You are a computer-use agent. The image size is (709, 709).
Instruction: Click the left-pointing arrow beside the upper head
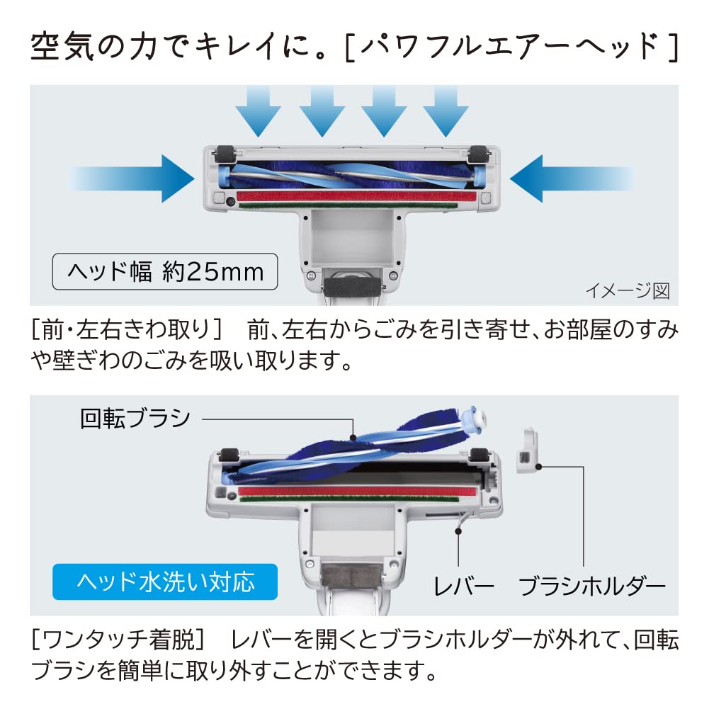click(572, 178)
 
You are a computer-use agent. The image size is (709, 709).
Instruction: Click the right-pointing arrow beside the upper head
click(132, 178)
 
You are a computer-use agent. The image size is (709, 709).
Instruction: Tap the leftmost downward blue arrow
click(259, 111)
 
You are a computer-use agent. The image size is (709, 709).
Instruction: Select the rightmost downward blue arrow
click(446, 111)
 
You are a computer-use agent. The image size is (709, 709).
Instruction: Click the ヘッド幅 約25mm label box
click(165, 271)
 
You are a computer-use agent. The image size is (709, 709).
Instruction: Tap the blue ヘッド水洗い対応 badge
click(165, 582)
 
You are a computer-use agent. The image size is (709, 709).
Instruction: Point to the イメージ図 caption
click(628, 290)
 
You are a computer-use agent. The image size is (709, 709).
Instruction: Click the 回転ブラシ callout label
click(135, 419)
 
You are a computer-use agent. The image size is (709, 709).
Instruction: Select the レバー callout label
click(463, 586)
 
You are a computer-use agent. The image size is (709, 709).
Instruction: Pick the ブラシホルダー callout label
click(592, 586)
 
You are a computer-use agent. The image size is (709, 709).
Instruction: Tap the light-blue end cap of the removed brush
click(474, 417)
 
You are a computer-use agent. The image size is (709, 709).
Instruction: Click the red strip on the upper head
click(356, 195)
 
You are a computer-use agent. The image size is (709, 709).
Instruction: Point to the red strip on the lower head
click(357, 491)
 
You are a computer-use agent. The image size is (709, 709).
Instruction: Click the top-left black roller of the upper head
click(225, 154)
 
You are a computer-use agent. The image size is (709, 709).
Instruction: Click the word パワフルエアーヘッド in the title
click(511, 47)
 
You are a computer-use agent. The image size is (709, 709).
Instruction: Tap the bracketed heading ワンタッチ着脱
click(120, 640)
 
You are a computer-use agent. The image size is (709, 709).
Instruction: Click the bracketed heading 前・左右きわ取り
click(127, 329)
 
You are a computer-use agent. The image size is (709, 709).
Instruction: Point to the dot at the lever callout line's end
click(458, 531)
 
